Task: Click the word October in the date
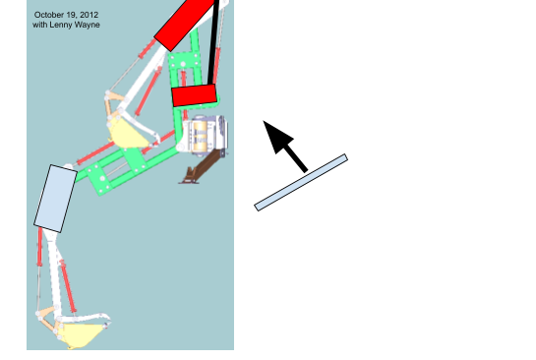pos(47,15)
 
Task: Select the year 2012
pos(89,15)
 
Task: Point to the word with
pos(40,25)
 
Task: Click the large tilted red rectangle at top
pos(186,24)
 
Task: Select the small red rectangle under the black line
pos(195,95)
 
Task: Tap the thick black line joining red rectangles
pos(213,42)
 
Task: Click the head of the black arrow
pos(276,136)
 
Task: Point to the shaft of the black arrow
pos(296,157)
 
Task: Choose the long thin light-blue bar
pos(301,183)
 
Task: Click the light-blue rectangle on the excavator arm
pos(55,199)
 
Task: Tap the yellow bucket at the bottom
pos(82,335)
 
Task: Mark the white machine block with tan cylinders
pos(205,136)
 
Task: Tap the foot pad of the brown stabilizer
pos(189,182)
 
